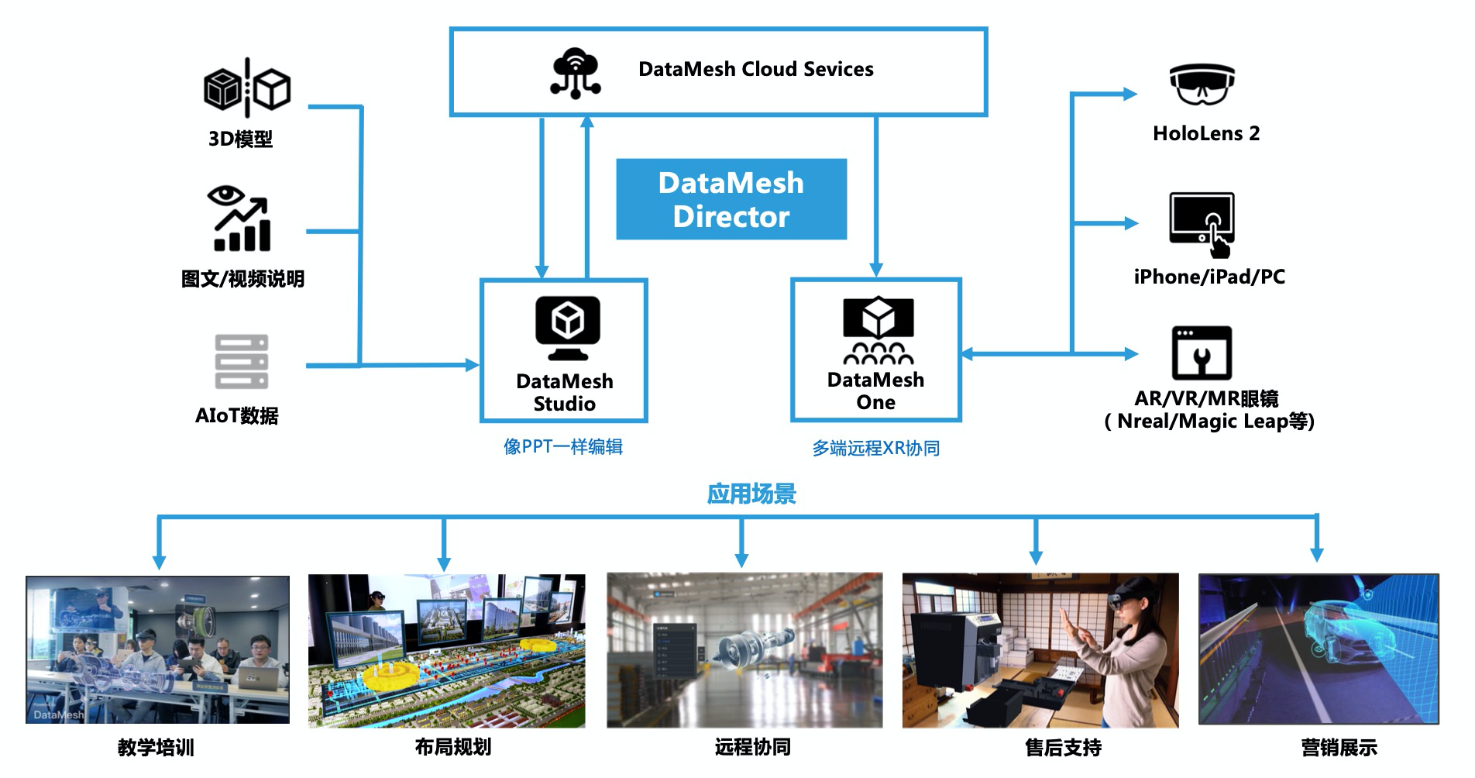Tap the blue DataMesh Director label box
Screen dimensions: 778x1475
tap(731, 199)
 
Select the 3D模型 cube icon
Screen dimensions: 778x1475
tap(246, 88)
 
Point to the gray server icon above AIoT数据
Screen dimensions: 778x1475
tap(241, 361)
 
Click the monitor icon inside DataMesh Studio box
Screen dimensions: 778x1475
tap(567, 326)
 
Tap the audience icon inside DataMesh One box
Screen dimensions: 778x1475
tap(878, 331)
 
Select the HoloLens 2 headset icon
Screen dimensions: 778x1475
tap(1202, 84)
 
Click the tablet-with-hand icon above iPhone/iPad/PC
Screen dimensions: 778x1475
tap(1202, 224)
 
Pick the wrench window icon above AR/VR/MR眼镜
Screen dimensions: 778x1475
tap(1202, 353)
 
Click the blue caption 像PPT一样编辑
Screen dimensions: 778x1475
tap(563, 446)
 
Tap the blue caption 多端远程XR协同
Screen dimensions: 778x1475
tap(875, 448)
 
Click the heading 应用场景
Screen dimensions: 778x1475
tap(751, 494)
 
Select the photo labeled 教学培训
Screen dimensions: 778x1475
tap(157, 649)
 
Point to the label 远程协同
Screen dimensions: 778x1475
tap(752, 747)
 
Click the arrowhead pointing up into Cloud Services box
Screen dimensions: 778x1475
tap(587, 122)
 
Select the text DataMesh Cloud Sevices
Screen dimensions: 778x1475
tap(755, 69)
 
